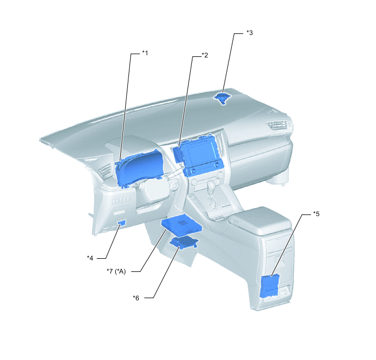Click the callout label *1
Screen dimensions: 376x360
coord(145,53)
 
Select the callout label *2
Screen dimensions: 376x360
coord(205,55)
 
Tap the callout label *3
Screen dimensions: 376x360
coord(250,33)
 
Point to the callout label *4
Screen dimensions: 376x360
coord(90,258)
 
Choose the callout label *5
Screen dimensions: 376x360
coord(316,214)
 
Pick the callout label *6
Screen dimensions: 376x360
coord(136,298)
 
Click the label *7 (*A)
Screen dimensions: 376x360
coord(116,271)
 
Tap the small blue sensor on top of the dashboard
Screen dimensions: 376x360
coord(222,98)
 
